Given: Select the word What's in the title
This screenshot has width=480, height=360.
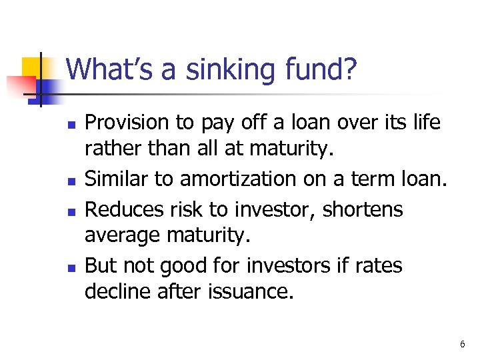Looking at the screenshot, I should (x=109, y=69).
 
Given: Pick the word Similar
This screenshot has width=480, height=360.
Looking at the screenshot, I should (x=116, y=179).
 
